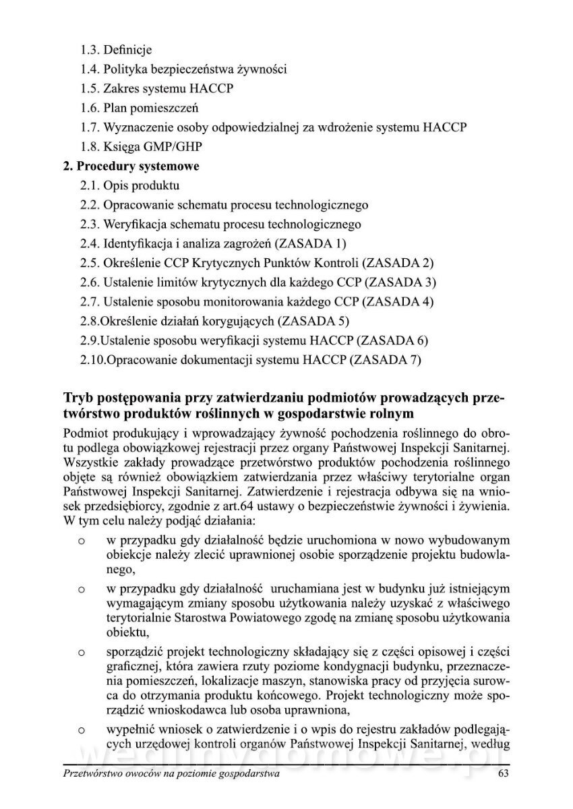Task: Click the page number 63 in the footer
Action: tap(503, 774)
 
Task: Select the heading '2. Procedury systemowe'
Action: tap(131, 166)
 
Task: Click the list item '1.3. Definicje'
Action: tap(116, 49)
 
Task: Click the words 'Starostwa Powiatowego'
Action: tap(236, 618)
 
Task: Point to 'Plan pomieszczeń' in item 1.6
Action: tap(152, 108)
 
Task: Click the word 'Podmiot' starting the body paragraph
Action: tap(84, 431)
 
